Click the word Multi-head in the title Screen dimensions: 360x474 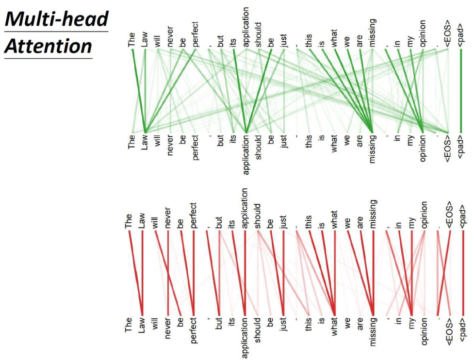[x=56, y=19]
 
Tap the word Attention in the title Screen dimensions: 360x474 [x=48, y=46]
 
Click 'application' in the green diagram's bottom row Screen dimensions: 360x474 [x=246, y=154]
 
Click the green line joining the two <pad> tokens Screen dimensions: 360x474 [x=460, y=90]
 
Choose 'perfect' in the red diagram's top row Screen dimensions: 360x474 [x=194, y=216]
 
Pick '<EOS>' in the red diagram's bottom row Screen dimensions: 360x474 [x=450, y=333]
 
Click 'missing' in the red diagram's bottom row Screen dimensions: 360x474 [x=372, y=335]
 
